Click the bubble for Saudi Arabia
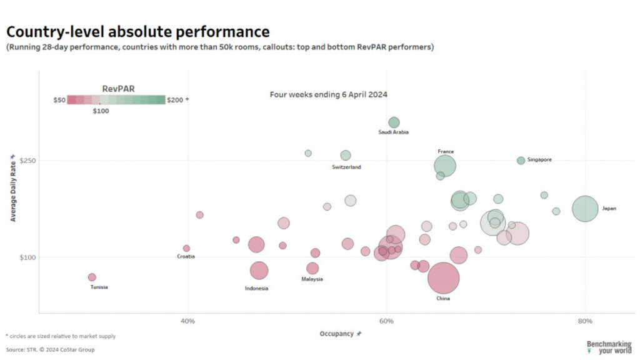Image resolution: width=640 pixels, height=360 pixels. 394,122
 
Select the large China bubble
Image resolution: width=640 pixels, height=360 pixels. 444,278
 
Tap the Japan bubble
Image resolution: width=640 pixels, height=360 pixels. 585,209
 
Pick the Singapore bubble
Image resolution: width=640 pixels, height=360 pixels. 521,161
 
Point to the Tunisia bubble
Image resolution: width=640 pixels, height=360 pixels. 92,277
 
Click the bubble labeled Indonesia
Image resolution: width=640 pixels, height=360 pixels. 259,271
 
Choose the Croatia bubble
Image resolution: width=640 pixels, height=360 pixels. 186,248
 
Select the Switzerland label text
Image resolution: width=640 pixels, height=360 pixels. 346,167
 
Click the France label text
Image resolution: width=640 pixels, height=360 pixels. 446,152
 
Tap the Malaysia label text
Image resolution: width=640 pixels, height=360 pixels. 312,279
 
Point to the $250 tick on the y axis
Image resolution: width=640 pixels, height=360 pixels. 27,161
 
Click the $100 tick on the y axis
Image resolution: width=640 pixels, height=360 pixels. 27,257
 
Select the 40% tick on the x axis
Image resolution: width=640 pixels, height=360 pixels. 188,321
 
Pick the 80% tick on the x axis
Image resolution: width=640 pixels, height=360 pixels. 585,321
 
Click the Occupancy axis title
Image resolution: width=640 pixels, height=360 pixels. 337,334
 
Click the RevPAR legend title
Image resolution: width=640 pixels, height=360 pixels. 118,89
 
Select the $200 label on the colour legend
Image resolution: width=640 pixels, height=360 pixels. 176,100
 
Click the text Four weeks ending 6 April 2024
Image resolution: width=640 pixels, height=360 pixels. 329,95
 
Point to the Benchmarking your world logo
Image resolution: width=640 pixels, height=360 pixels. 609,347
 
